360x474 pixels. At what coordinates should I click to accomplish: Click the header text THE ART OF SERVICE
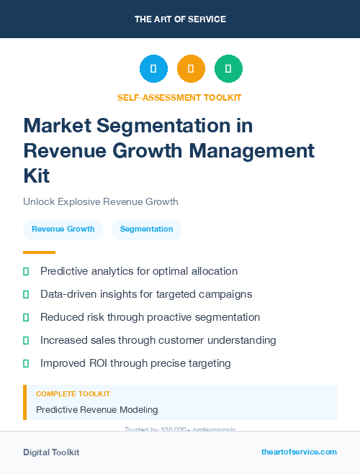pyautogui.click(x=180, y=19)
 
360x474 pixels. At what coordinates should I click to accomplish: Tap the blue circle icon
pyautogui.click(x=153, y=68)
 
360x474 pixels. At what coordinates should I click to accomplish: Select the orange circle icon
pyautogui.click(x=191, y=68)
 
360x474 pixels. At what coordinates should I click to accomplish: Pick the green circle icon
pyautogui.click(x=228, y=68)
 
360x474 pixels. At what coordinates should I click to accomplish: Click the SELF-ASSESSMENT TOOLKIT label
pyautogui.click(x=179, y=97)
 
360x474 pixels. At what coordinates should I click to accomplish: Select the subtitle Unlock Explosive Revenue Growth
pyautogui.click(x=100, y=201)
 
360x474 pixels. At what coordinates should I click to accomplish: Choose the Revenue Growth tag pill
pyautogui.click(x=63, y=229)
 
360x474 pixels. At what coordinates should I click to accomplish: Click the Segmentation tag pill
pyautogui.click(x=147, y=229)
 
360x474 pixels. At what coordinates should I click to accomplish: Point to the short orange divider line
pyautogui.click(x=39, y=252)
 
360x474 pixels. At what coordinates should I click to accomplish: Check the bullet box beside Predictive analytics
pyautogui.click(x=26, y=271)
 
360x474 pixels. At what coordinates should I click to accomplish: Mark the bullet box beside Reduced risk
pyautogui.click(x=26, y=317)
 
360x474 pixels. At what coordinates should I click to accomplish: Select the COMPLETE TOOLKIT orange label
pyautogui.click(x=73, y=394)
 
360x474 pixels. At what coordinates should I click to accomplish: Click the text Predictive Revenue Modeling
pyautogui.click(x=96, y=409)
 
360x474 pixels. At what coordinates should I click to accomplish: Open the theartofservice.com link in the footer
pyautogui.click(x=299, y=452)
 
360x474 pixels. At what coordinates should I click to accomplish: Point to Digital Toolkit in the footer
pyautogui.click(x=51, y=452)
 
